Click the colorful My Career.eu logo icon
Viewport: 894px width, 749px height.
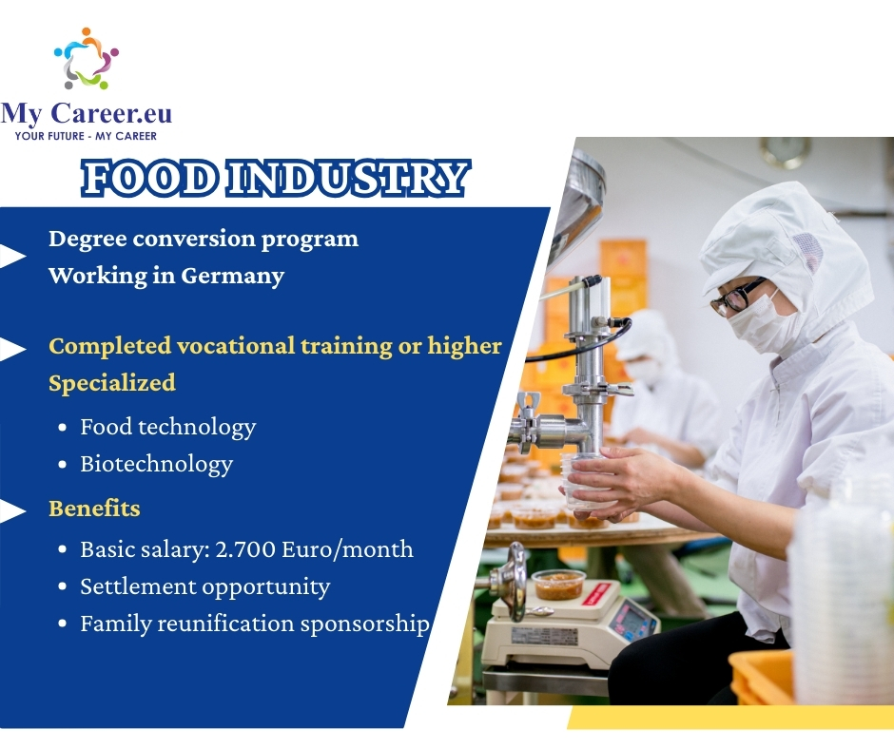coord(87,58)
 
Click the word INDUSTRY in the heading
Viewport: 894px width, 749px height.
coord(348,179)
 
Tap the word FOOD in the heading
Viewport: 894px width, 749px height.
coord(150,179)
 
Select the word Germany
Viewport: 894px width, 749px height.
coord(233,277)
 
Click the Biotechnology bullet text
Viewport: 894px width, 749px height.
coord(157,465)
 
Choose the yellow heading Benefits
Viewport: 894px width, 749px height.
coord(94,508)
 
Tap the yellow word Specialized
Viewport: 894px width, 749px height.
coord(112,383)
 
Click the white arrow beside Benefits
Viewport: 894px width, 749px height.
coord(12,510)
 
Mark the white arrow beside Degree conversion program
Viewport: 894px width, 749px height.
coord(12,256)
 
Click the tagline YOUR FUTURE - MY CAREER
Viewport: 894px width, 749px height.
coord(86,136)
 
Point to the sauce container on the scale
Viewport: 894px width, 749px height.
coord(559,585)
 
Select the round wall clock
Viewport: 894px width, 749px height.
coord(785,152)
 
